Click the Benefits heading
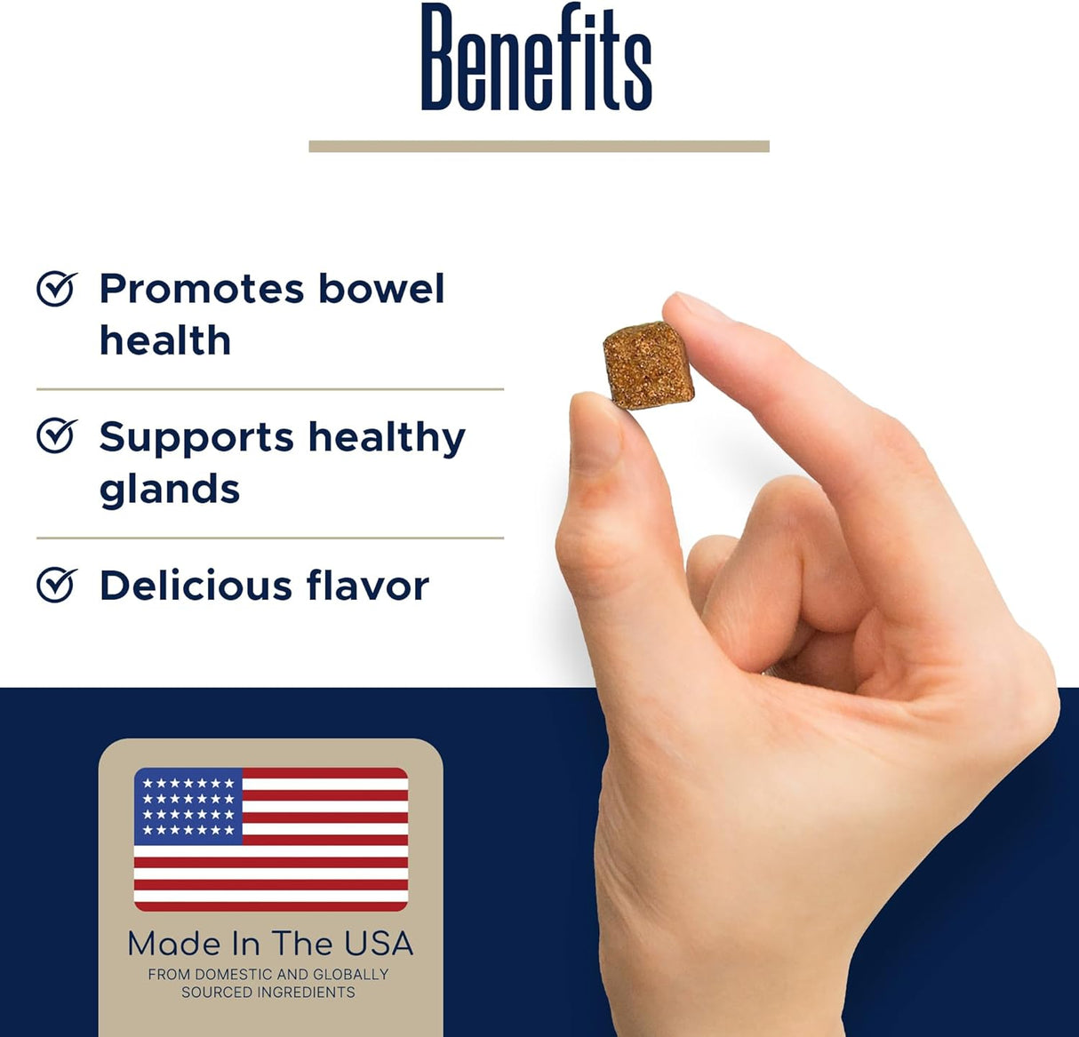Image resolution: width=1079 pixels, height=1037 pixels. (x=536, y=59)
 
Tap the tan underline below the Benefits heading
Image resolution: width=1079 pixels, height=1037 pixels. (x=539, y=147)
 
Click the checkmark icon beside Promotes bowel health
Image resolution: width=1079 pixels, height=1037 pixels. (x=57, y=289)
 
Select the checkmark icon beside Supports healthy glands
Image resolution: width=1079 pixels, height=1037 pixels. (x=57, y=436)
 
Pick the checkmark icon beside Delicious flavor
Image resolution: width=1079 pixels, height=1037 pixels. (x=57, y=585)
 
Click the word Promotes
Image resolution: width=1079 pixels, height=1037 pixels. (x=201, y=290)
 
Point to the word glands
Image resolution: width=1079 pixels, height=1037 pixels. (x=170, y=490)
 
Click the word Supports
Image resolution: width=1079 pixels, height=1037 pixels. (x=196, y=438)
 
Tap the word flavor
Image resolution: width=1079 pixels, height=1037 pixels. (x=367, y=586)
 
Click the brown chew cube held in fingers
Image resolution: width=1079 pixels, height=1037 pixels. (x=648, y=365)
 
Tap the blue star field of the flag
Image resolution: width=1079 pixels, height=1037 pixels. (x=188, y=806)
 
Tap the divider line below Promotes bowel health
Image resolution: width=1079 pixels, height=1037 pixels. (x=270, y=389)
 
